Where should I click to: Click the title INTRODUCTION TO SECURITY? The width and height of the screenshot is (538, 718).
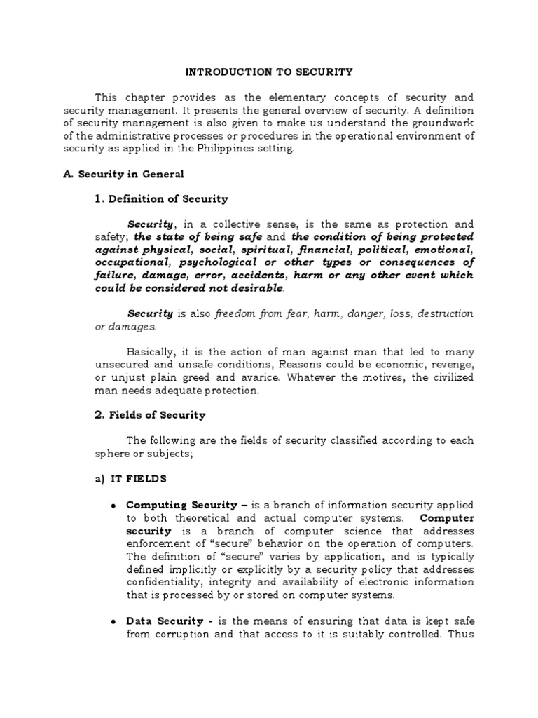pos(269,72)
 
